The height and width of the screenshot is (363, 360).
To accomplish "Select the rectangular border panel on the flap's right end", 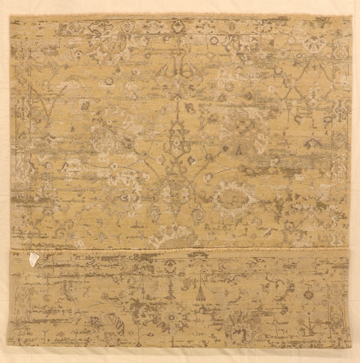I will [x=336, y=297].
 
